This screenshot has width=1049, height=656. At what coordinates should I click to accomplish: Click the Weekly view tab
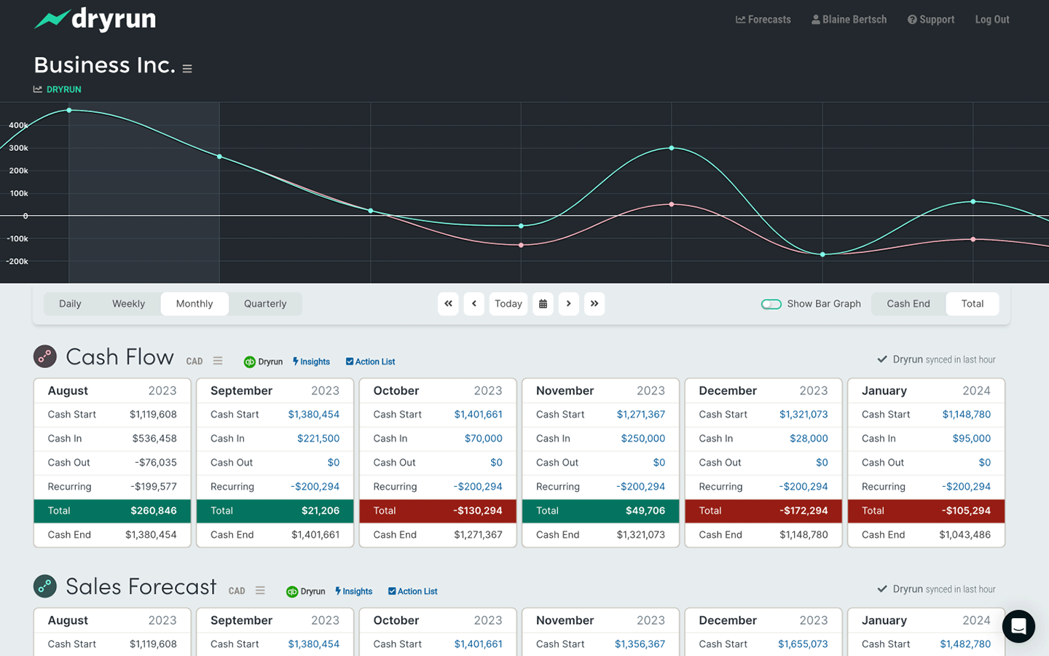tap(128, 304)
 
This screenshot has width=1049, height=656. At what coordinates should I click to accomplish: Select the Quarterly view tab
tap(265, 304)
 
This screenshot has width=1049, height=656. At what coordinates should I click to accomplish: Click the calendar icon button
tap(543, 304)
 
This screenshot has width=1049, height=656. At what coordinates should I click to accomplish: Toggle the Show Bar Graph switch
tap(771, 304)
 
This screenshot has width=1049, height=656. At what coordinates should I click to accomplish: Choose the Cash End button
tap(908, 304)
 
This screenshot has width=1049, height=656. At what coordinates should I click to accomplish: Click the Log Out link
tap(991, 20)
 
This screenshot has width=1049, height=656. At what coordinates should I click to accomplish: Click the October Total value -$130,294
tap(477, 511)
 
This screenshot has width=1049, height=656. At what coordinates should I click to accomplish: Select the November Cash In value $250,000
tap(643, 439)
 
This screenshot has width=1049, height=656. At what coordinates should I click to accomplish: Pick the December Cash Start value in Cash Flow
tap(803, 415)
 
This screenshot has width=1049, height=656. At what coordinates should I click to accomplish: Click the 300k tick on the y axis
tap(18, 148)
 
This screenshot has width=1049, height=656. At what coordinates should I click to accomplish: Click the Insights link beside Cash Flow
tap(311, 362)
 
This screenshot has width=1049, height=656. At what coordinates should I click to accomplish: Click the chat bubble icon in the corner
tap(1018, 626)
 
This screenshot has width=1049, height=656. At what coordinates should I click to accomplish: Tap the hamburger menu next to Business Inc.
tap(187, 69)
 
